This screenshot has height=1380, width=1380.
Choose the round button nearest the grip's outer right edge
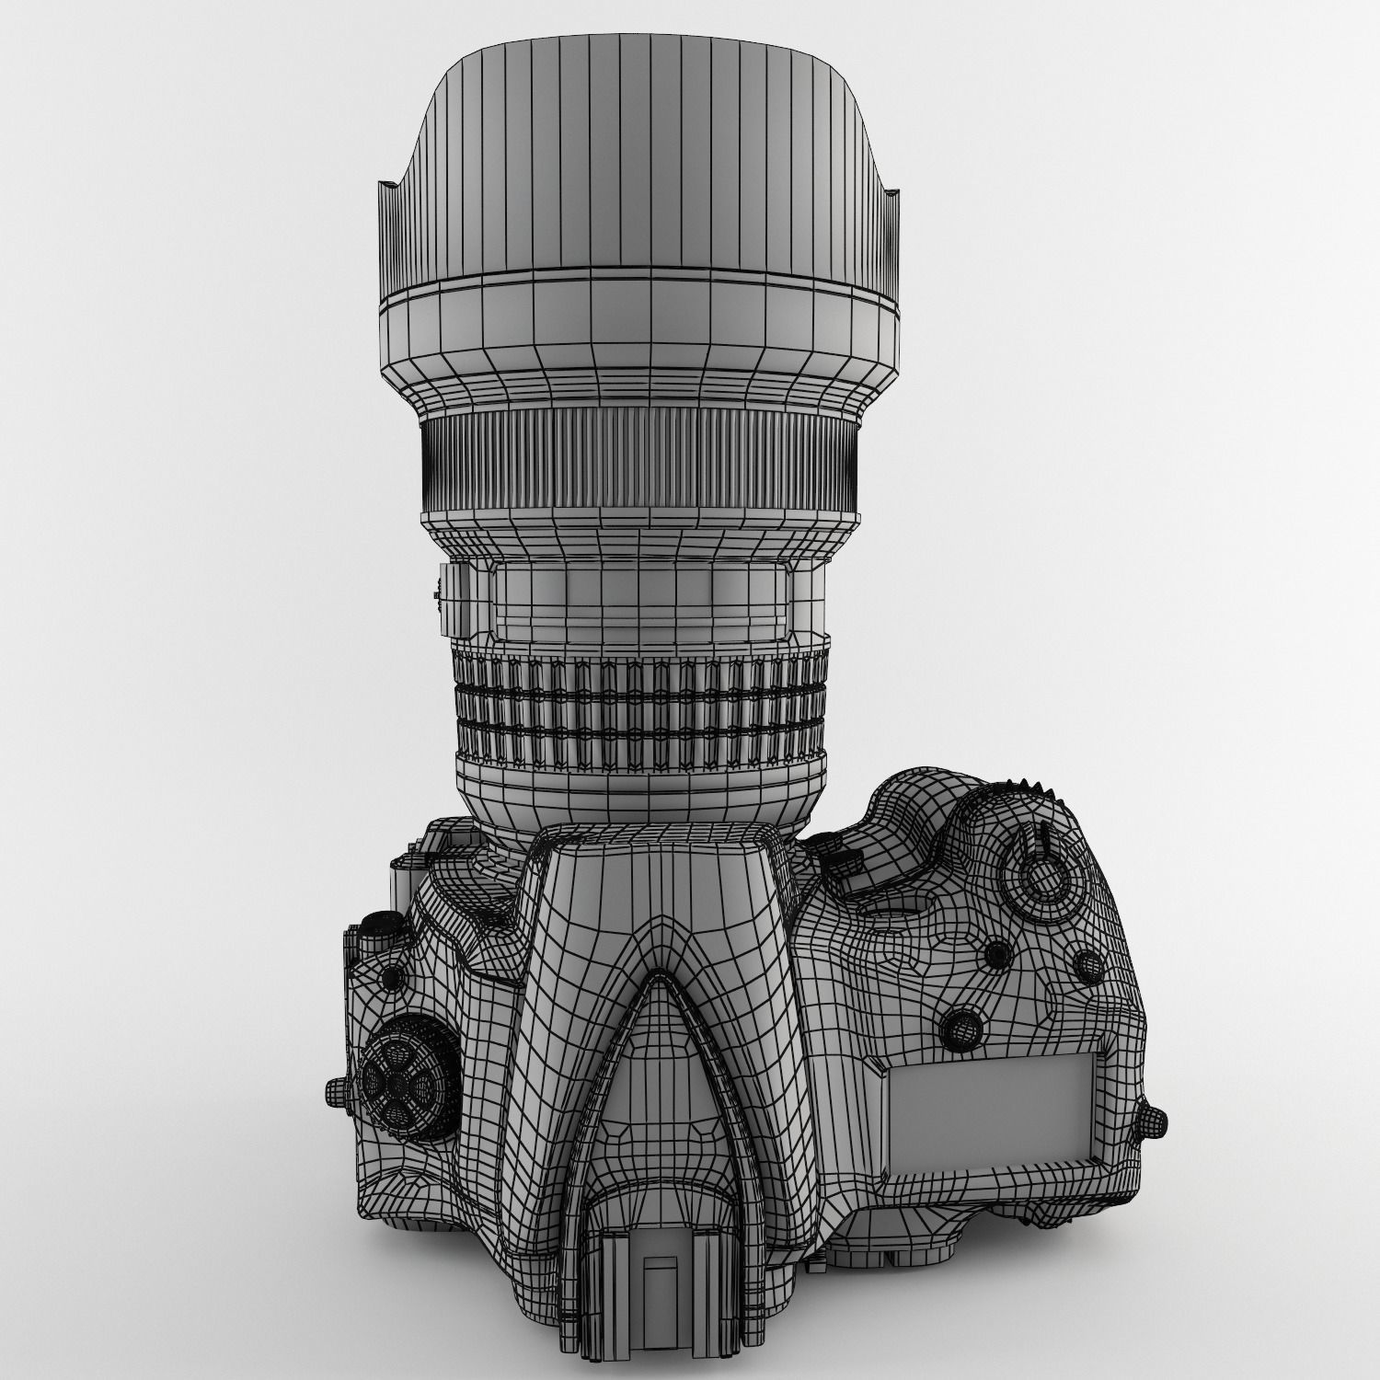pos(1088,963)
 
